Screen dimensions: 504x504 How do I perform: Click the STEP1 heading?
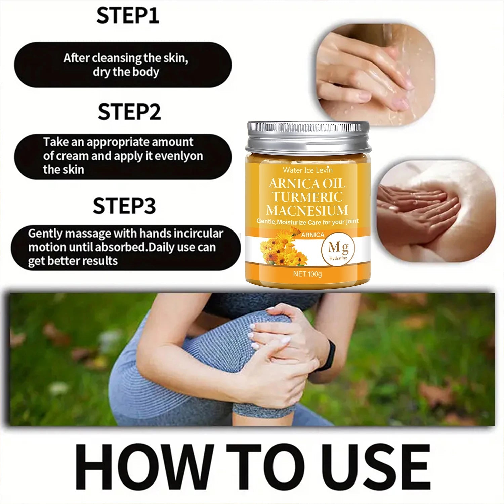click(x=128, y=15)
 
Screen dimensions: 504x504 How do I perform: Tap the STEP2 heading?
click(x=129, y=112)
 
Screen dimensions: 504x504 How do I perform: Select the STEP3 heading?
click(x=124, y=206)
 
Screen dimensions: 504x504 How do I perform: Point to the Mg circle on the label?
click(x=338, y=250)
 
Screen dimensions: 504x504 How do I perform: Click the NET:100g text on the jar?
click(x=307, y=274)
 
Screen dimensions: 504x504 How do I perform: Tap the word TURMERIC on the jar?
click(x=307, y=197)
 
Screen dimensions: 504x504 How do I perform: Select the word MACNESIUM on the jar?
click(x=307, y=210)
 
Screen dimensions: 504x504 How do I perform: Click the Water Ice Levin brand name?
click(x=307, y=170)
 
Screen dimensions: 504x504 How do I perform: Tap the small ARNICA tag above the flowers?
click(x=312, y=235)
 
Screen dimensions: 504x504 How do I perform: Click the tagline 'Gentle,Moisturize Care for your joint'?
click(x=307, y=222)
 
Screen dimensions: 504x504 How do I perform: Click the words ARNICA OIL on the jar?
click(x=307, y=183)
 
